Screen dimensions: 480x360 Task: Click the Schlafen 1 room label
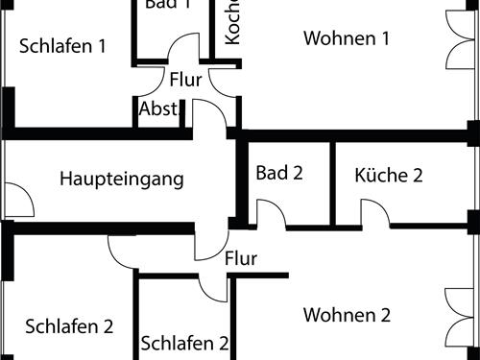61,45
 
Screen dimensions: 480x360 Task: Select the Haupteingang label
121,179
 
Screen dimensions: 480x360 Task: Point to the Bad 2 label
279,173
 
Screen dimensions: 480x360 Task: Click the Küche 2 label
389,175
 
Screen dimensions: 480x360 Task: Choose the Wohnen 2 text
347,315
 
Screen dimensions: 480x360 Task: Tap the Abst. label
158,109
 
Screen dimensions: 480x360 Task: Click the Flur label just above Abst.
185,80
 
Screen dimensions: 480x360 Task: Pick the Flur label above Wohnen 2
241,257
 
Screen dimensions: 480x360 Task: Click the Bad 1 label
168,5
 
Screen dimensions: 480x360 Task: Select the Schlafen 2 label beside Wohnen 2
184,343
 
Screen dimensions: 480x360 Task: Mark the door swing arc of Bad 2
272,214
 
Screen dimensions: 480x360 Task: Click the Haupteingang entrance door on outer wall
19,200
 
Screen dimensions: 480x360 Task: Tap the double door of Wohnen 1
461,38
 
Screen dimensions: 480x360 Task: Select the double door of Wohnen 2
461,317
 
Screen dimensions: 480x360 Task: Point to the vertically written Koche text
232,21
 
